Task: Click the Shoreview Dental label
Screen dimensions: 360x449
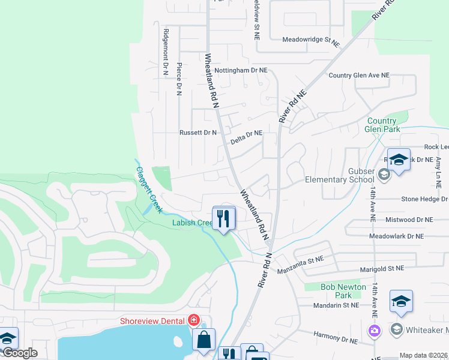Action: click(152, 320)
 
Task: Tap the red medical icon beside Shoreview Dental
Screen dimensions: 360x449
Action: click(194, 320)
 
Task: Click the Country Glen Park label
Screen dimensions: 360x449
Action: click(383, 125)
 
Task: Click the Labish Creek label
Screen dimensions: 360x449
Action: click(192, 223)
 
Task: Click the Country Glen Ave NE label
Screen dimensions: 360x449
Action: click(359, 76)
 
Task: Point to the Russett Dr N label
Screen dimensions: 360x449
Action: click(198, 133)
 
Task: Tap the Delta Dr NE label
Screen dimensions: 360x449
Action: click(247, 137)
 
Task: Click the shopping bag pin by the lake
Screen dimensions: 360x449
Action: click(203, 339)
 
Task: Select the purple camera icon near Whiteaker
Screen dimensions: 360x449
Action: click(375, 330)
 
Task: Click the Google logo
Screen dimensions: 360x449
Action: click(19, 353)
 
